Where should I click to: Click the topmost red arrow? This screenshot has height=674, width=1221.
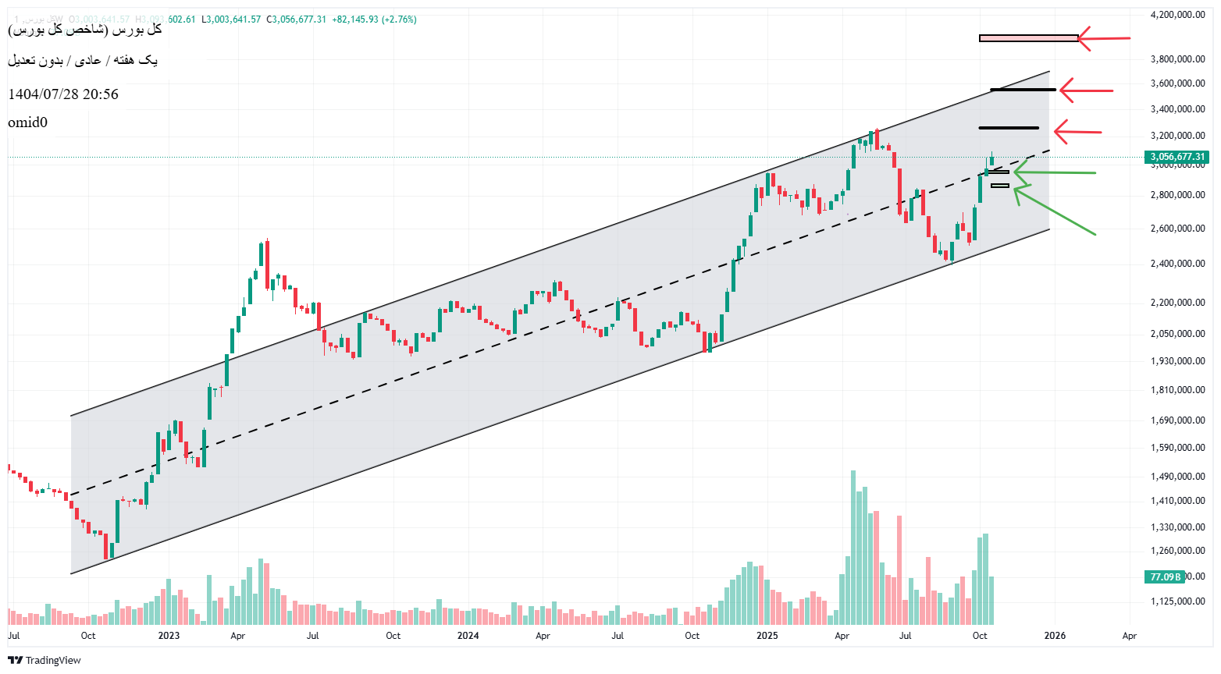point(1104,38)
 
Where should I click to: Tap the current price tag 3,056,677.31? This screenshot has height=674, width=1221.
point(1177,157)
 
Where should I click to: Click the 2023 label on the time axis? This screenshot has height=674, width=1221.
point(169,636)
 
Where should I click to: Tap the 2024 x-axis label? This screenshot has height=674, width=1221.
point(468,636)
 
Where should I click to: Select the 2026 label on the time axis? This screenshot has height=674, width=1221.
point(1055,636)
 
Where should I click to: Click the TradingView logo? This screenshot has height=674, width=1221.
point(44,660)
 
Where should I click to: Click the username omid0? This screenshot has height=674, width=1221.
point(28,122)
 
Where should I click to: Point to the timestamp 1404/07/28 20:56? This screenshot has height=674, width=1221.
point(63,94)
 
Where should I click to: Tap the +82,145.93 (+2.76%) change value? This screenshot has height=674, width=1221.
point(374,20)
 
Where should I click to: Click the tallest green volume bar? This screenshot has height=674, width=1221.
point(853,546)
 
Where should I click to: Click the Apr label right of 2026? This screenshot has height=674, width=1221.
point(1129,636)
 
